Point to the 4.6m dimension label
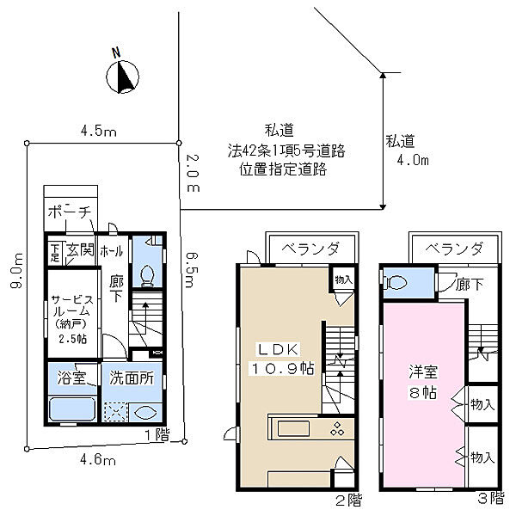[98, 460]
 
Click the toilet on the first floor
[147, 273]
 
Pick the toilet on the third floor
[397, 282]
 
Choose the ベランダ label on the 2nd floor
[307, 249]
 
